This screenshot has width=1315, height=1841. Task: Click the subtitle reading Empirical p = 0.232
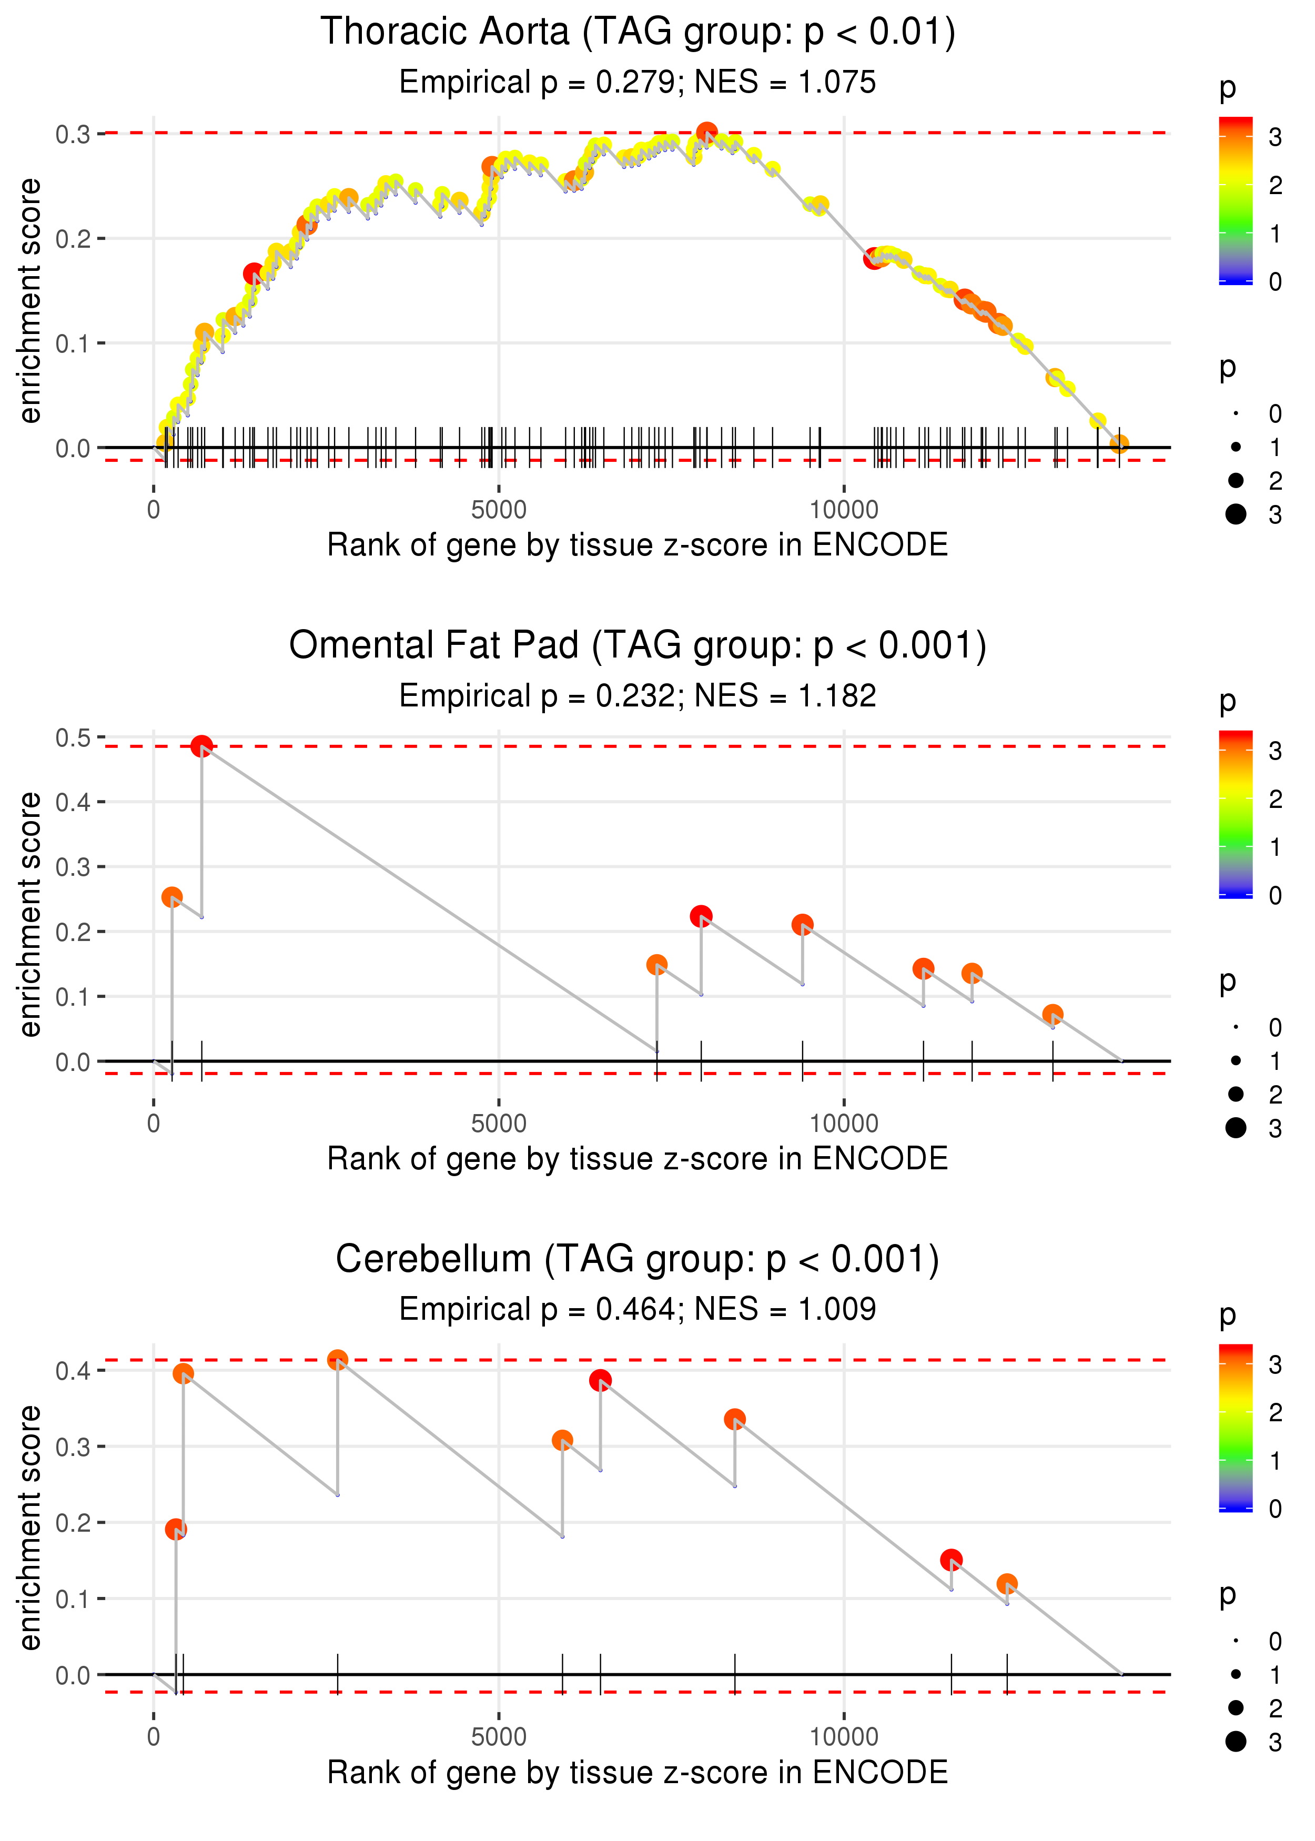638,695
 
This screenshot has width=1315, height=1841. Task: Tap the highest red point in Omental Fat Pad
201,746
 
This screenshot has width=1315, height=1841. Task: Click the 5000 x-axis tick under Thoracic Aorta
498,510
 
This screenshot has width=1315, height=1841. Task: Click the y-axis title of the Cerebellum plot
30,1527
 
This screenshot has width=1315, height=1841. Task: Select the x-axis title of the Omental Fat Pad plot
638,1159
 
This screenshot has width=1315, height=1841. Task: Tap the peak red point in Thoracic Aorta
707,132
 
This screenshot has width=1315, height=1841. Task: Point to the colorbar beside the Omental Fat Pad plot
1235,814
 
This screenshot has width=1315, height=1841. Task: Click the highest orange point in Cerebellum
338,1360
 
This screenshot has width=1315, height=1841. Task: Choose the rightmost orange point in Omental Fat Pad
1053,1015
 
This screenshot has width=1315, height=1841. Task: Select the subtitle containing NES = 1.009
638,1309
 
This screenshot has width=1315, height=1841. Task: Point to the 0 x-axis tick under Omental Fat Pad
154,1124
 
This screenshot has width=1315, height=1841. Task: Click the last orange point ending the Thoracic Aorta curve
1119,443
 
